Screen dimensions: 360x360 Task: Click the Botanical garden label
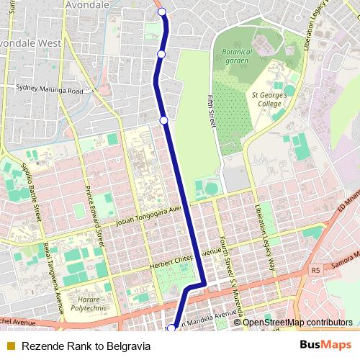pyautogui.click(x=237, y=55)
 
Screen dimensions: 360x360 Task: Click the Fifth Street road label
pyautogui.click(x=212, y=112)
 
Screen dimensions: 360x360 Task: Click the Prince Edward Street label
pyautogui.click(x=95, y=210)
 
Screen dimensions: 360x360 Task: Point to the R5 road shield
pyautogui.click(x=315, y=270)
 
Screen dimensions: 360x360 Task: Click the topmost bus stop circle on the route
pyautogui.click(x=162, y=12)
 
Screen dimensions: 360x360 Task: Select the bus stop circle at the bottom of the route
pyautogui.click(x=171, y=329)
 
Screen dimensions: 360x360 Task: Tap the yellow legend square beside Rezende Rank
pyautogui.click(x=11, y=346)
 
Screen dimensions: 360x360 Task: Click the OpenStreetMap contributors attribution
pyautogui.click(x=297, y=322)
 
